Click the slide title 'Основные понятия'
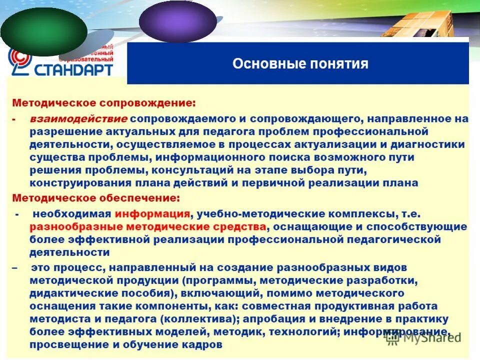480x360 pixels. (x=300, y=64)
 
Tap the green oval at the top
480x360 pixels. (x=44, y=31)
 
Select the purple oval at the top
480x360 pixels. (x=177, y=21)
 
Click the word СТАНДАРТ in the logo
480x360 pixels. (x=73, y=69)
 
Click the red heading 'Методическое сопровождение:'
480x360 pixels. (x=104, y=103)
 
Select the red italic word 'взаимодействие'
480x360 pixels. (x=78, y=119)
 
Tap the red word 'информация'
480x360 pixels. (x=152, y=213)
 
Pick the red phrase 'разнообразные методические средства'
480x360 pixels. (x=147, y=227)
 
